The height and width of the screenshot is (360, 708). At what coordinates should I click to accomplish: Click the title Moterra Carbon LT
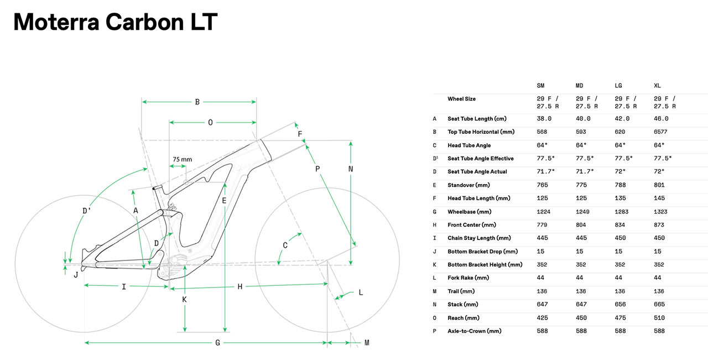[x=115, y=22]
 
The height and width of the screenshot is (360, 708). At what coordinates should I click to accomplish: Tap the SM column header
[x=540, y=86]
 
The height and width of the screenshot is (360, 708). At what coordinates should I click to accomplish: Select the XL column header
[x=657, y=86]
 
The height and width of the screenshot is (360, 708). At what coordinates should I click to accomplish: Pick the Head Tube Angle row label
[x=469, y=145]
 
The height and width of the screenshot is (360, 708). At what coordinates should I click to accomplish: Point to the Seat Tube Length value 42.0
[x=622, y=119]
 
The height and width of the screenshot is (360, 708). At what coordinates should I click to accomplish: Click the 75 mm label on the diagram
[x=182, y=159]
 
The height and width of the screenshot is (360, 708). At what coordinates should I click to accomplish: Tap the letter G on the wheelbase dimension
[x=218, y=343]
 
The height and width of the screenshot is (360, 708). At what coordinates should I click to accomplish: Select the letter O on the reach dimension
[x=210, y=123]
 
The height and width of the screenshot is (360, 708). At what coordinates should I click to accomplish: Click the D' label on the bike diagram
[x=87, y=210]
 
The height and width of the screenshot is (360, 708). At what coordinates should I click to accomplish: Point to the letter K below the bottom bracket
[x=184, y=300]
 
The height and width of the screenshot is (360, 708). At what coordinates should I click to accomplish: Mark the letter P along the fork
[x=317, y=169]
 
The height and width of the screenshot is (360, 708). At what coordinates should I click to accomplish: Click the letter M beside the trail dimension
[x=366, y=343]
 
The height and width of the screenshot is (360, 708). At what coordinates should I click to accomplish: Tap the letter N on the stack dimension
[x=351, y=169]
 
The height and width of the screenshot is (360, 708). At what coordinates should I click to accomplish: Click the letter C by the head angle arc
[x=285, y=246]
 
